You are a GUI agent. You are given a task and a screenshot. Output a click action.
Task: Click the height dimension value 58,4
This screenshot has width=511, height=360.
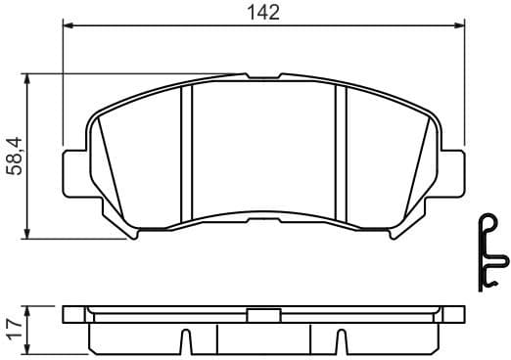click(x=16, y=156)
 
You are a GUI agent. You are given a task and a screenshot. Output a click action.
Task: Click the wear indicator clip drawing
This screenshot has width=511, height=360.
click(x=491, y=250)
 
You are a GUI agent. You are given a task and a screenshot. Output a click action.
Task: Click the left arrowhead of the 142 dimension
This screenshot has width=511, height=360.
click(x=68, y=27)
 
